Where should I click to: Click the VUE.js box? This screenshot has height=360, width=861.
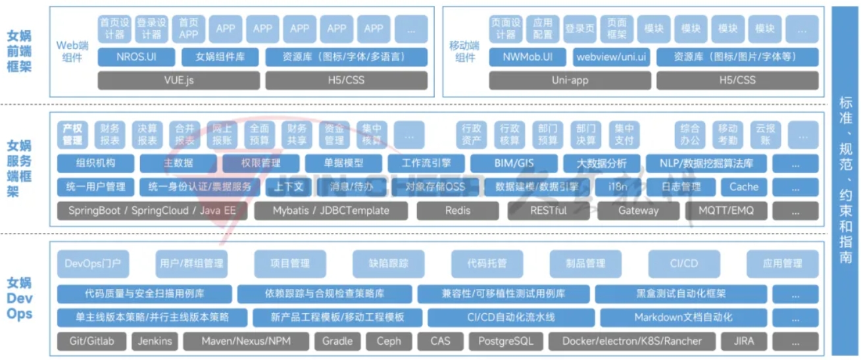click(x=179, y=80)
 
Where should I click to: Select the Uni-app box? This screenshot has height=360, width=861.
click(x=570, y=80)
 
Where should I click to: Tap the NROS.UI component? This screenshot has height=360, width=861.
click(x=136, y=57)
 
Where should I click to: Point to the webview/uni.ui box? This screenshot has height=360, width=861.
click(x=611, y=57)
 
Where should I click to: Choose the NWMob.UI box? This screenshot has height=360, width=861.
click(x=528, y=57)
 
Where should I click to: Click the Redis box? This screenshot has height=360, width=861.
click(x=458, y=211)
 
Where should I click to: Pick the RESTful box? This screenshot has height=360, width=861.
click(x=549, y=211)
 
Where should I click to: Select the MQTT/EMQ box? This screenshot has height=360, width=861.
click(x=726, y=211)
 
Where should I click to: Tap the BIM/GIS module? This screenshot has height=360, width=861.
click(x=513, y=163)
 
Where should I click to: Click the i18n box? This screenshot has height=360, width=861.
click(x=618, y=187)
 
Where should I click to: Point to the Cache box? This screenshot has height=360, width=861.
click(x=743, y=187)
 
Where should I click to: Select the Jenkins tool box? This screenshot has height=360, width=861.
click(x=155, y=341)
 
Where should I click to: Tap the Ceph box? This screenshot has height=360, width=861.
click(x=389, y=341)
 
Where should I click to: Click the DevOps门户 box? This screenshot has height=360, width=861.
click(x=92, y=263)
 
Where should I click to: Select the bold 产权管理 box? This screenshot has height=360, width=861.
click(x=72, y=134)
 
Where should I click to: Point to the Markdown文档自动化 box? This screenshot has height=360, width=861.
click(x=683, y=317)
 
